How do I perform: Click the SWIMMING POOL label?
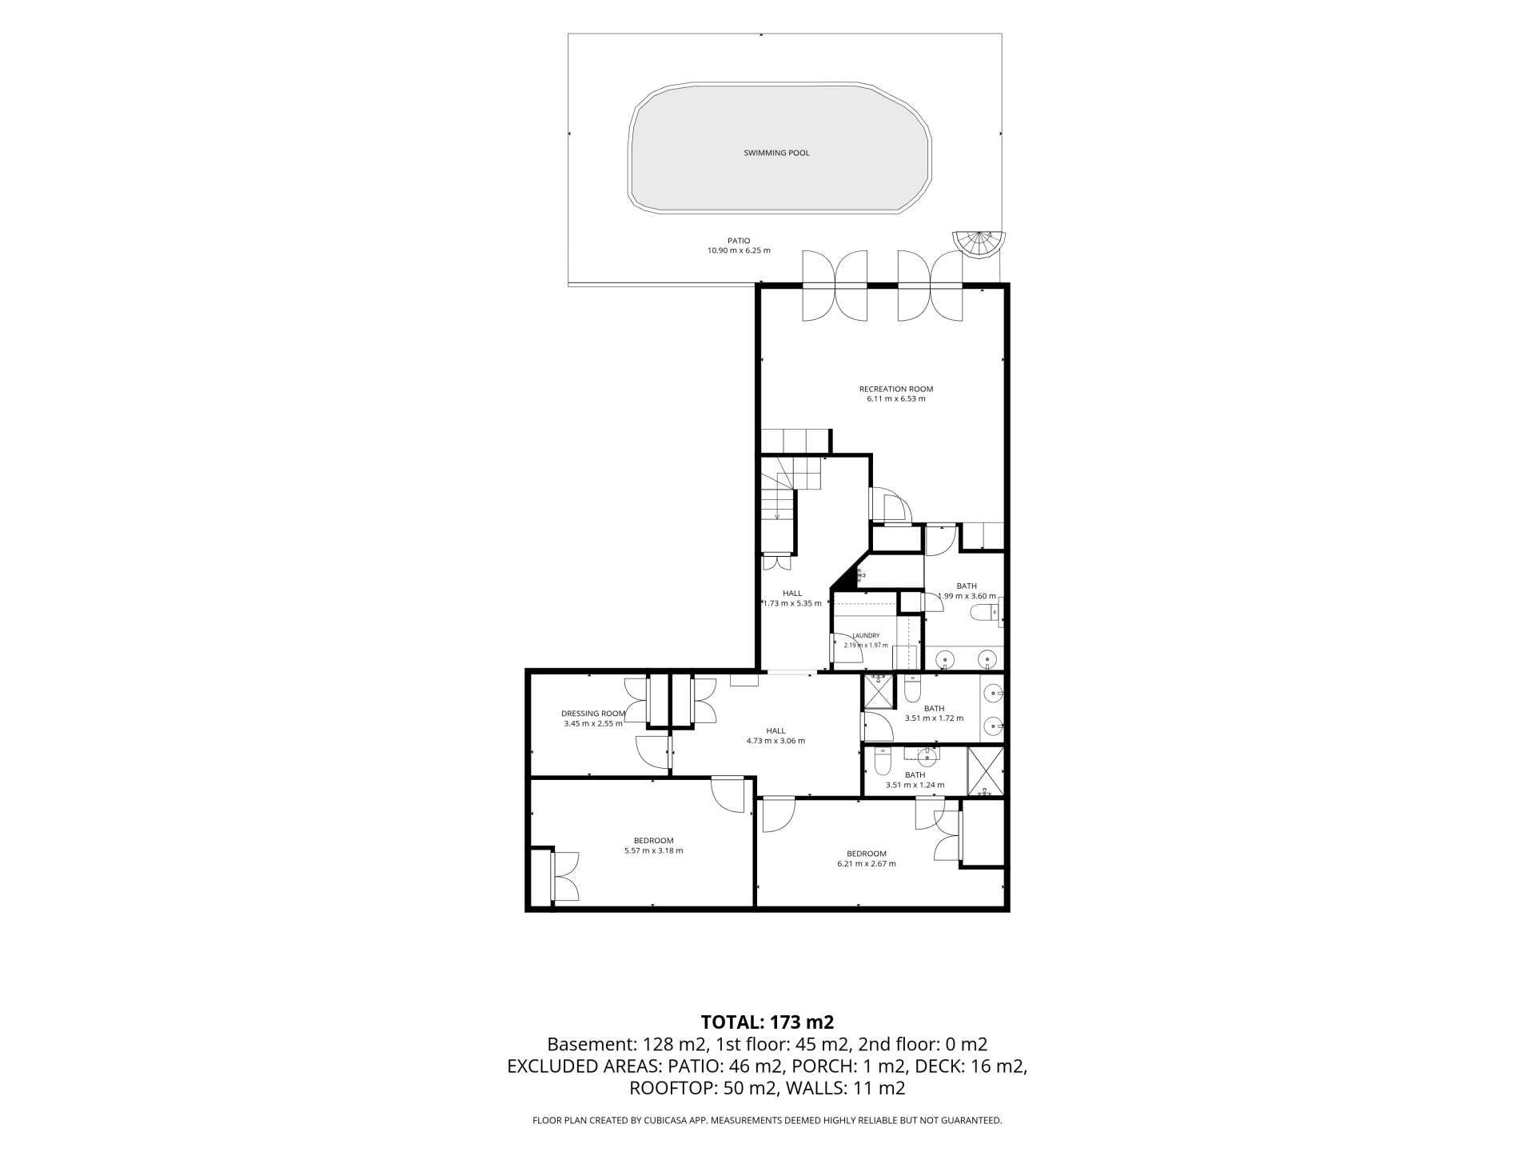pyautogui.click(x=776, y=153)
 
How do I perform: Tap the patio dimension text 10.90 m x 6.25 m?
pyautogui.click(x=739, y=250)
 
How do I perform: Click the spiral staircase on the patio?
pyautogui.click(x=979, y=243)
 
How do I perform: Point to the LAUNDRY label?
pyautogui.click(x=866, y=635)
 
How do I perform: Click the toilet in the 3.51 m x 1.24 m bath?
pyautogui.click(x=883, y=762)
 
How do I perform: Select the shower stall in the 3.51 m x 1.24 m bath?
pyautogui.click(x=985, y=771)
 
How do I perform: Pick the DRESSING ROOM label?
pyautogui.click(x=592, y=714)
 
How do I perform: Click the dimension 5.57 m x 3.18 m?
pyautogui.click(x=653, y=850)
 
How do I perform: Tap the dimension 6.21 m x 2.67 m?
pyautogui.click(x=867, y=863)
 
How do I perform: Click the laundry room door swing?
pyautogui.click(x=848, y=649)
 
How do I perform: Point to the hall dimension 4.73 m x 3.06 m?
pyautogui.click(x=775, y=741)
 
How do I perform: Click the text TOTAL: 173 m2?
pyautogui.click(x=767, y=1022)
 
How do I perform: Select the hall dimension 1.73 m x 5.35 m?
pyautogui.click(x=792, y=603)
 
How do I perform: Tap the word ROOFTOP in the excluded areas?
pyautogui.click(x=674, y=1088)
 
